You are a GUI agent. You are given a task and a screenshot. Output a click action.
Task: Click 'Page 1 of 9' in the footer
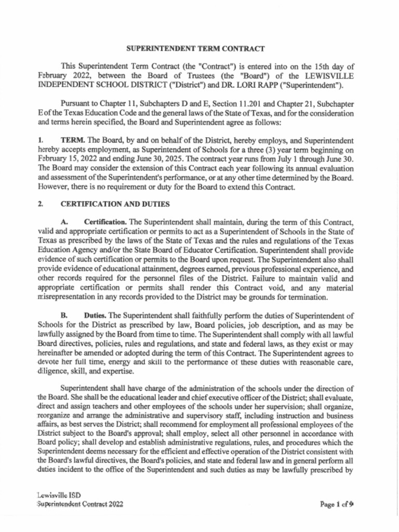(337, 503)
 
